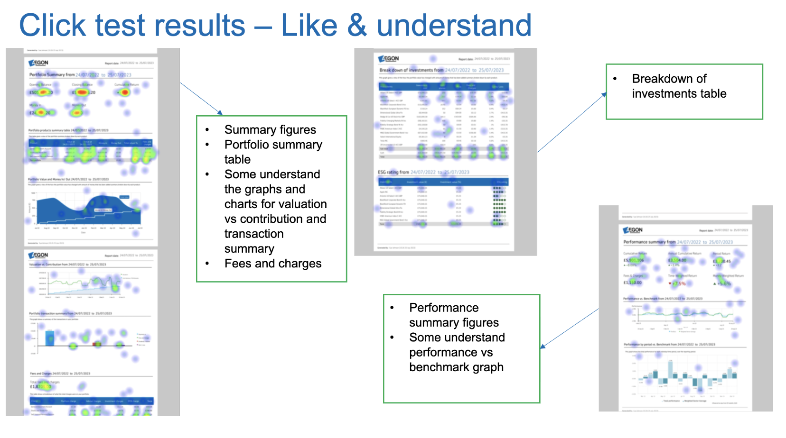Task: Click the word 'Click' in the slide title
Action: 52,26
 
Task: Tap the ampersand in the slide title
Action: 357,26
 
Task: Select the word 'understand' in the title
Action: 454,26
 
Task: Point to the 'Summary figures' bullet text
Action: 270,130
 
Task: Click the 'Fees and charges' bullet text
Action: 273,264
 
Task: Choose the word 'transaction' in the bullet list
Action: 254,234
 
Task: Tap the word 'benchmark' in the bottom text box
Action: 437,367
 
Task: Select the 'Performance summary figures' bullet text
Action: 453,315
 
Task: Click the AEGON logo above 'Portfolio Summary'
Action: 38,63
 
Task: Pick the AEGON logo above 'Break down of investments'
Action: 389,59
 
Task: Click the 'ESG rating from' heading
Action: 393,172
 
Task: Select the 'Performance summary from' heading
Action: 649,242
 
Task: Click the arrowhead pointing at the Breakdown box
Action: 604,95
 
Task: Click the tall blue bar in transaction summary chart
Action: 49,338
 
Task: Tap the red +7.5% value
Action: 679,283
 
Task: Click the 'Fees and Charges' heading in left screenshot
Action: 41,374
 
